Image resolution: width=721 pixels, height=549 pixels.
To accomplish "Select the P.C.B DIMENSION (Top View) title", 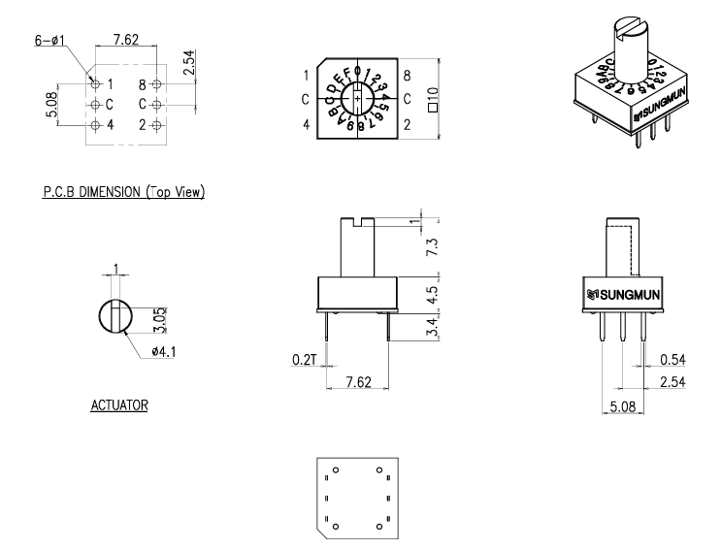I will [x=123, y=192].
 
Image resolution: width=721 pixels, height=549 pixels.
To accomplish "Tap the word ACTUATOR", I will [x=119, y=405].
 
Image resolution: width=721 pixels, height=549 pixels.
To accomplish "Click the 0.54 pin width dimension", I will [x=672, y=360].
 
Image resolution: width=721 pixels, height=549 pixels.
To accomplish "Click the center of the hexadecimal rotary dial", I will [x=358, y=100].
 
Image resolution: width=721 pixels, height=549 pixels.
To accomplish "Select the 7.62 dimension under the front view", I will [x=357, y=384].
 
